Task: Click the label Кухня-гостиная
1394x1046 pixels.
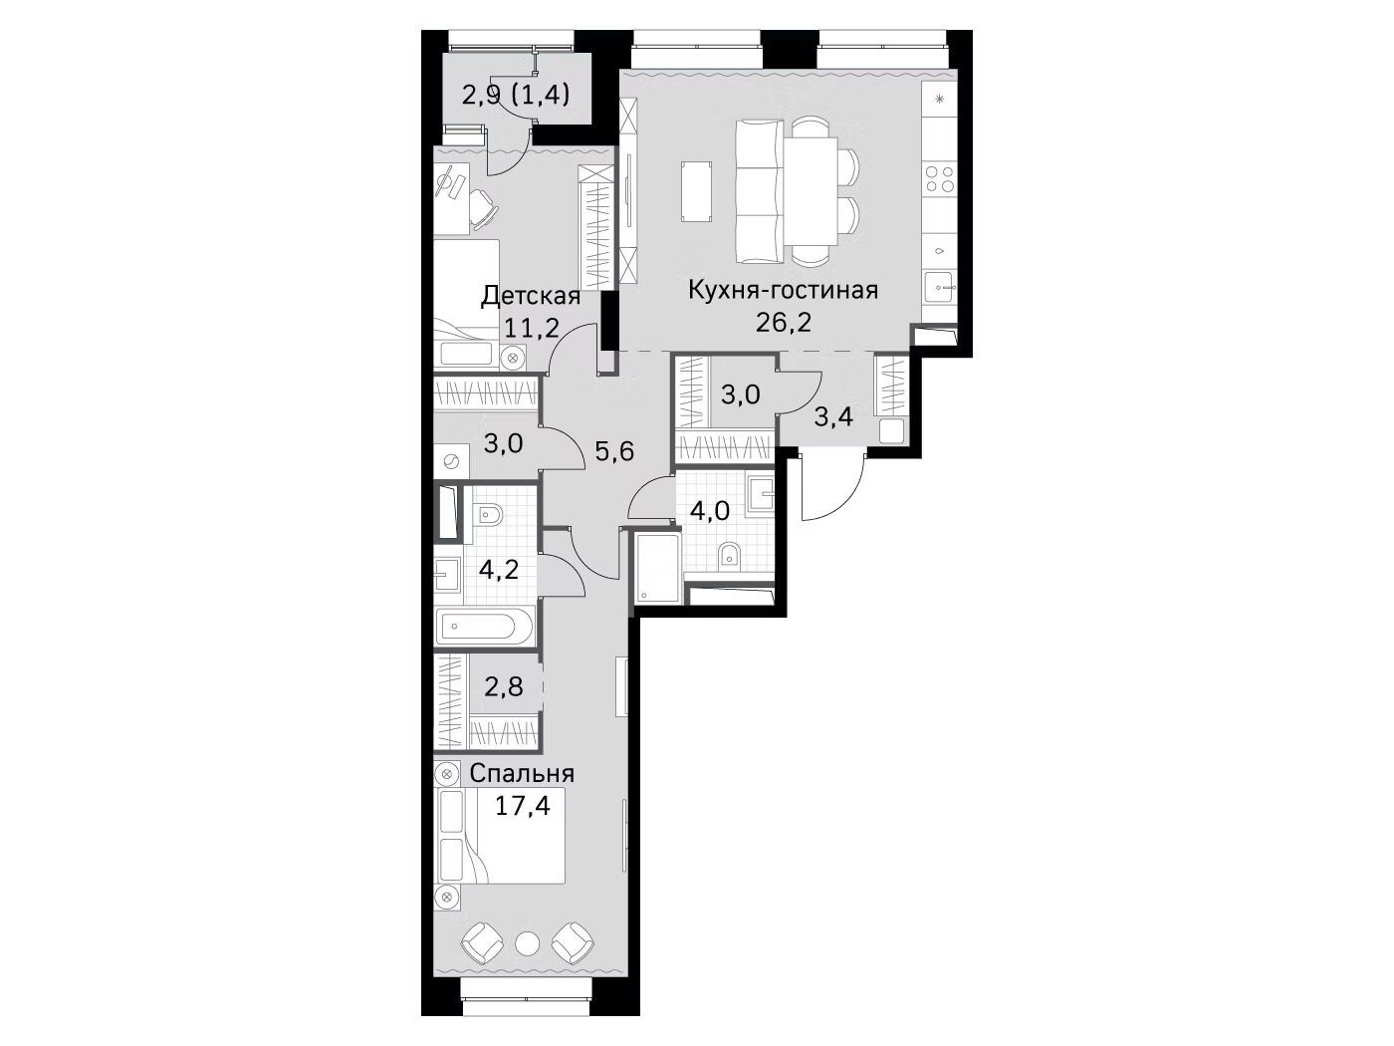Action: (x=783, y=291)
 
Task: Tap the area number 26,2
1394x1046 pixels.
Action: (x=783, y=323)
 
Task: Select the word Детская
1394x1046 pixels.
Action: (x=531, y=296)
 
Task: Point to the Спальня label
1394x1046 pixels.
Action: (x=522, y=774)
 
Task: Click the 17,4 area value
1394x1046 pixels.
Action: (x=522, y=806)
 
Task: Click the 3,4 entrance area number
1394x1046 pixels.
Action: (x=832, y=417)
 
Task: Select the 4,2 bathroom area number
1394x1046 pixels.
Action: (x=499, y=570)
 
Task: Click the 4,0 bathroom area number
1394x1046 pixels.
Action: (x=710, y=511)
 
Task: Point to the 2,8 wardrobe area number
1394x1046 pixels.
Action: (x=504, y=686)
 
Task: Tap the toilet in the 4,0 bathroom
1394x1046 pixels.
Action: (x=728, y=556)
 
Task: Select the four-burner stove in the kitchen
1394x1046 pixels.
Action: (x=939, y=178)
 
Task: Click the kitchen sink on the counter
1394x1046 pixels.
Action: (x=940, y=288)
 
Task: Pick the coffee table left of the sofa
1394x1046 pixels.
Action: (x=697, y=191)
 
